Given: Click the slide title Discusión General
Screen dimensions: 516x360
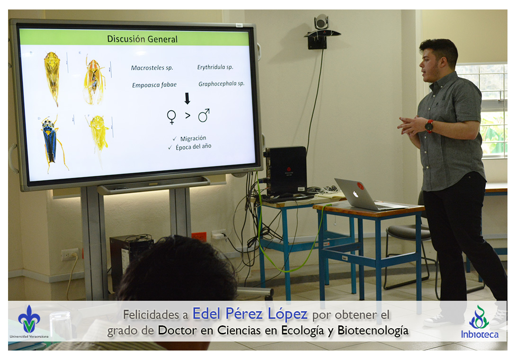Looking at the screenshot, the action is click(142, 39).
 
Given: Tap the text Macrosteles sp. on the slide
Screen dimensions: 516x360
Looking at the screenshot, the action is click(152, 68).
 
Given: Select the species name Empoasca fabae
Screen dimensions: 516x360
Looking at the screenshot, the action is click(154, 85).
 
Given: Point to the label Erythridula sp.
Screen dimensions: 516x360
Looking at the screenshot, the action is click(215, 67).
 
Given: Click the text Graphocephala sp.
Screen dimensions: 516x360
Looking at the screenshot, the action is click(222, 84).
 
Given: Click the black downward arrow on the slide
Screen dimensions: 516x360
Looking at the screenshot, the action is click(187, 99).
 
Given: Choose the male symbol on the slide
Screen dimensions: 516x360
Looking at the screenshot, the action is click(204, 115).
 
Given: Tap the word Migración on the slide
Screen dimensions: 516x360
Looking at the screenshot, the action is click(193, 138).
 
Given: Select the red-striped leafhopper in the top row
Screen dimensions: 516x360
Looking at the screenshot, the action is click(94, 81).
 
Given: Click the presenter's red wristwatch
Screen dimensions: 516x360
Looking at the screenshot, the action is click(429, 126).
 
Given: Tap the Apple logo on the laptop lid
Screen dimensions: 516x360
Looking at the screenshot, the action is click(356, 194).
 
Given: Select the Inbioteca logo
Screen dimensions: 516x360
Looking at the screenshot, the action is click(480, 322).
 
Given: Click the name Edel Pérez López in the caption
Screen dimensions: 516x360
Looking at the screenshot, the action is click(250, 314).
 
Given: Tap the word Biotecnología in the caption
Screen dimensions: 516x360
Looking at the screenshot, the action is click(373, 330).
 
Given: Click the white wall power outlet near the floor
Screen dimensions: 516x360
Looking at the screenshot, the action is click(70, 254).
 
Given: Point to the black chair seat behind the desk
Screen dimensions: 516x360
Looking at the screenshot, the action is click(408, 232).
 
